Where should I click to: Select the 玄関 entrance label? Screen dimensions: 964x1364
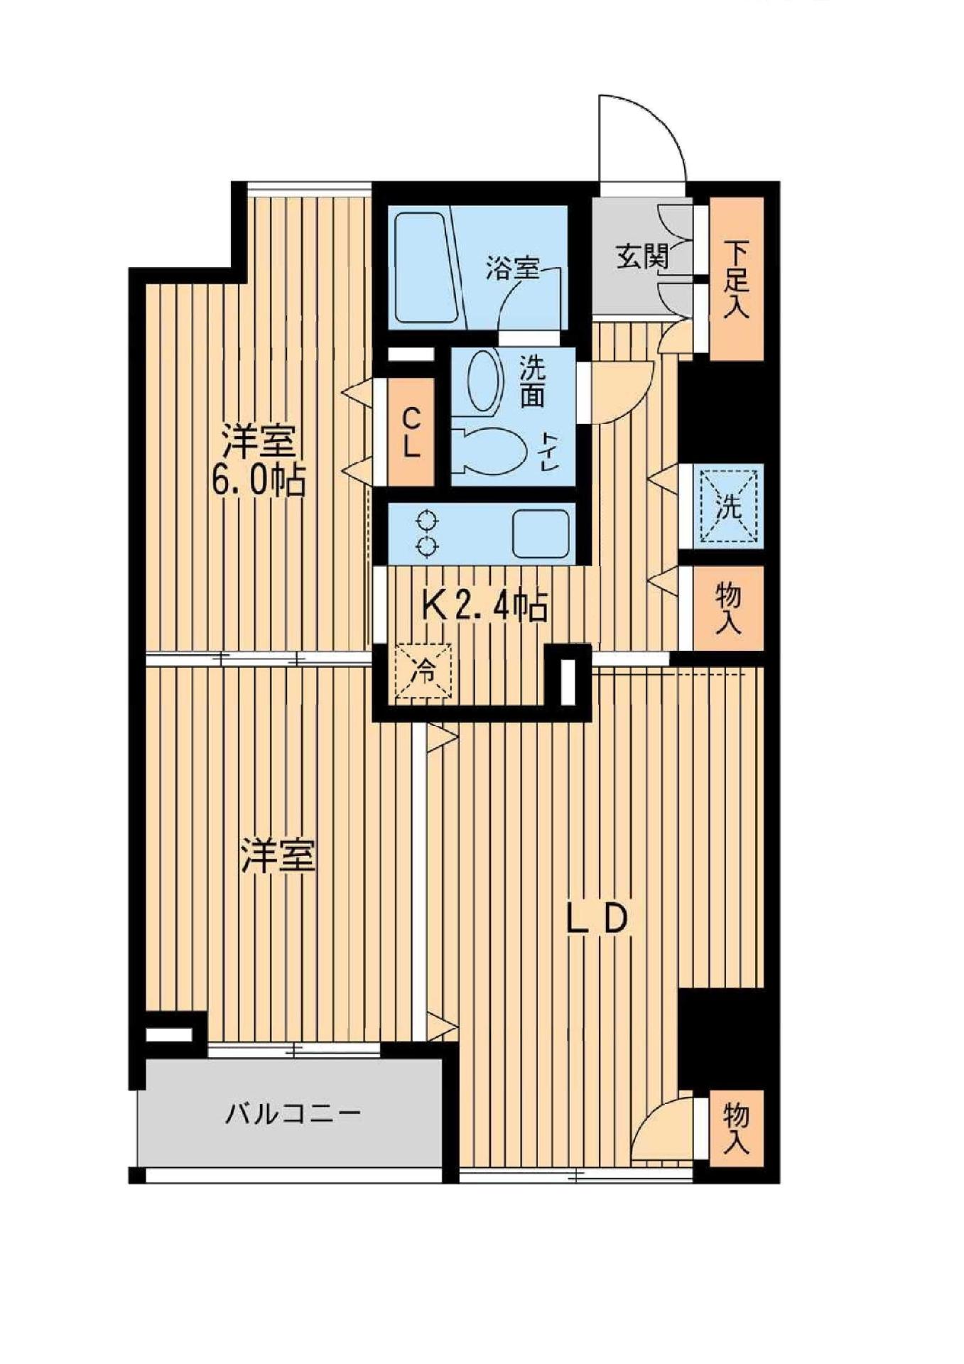pos(641,256)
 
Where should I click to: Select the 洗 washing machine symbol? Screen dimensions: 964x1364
pos(730,507)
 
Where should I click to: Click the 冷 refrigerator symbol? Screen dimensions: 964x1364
pos(423,671)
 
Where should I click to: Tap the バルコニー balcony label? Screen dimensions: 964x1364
pos(294,1113)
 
